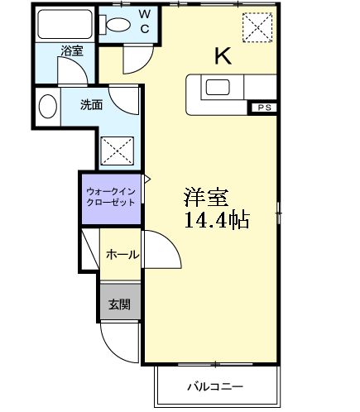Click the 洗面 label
point(91,105)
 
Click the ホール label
point(122,255)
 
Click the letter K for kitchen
point(223,56)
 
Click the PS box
point(263,108)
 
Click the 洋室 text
point(206,199)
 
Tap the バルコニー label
point(214,386)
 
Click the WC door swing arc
point(133,58)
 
